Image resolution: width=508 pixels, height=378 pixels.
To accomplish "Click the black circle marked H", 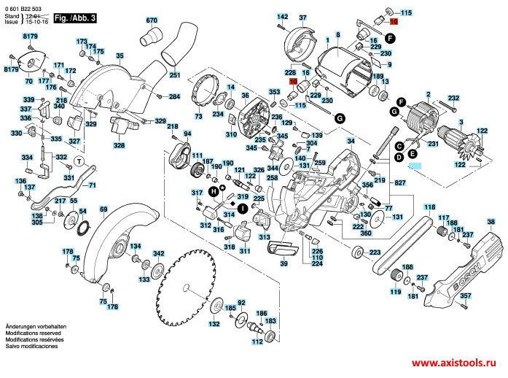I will click(x=214, y=191).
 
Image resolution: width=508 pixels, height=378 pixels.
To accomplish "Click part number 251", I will click(x=174, y=75).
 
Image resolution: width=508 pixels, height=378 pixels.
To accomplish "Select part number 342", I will click(x=158, y=253).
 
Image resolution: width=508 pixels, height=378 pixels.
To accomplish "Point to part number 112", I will click(x=257, y=341).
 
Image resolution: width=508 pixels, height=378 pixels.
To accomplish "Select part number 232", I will click(x=453, y=99).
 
